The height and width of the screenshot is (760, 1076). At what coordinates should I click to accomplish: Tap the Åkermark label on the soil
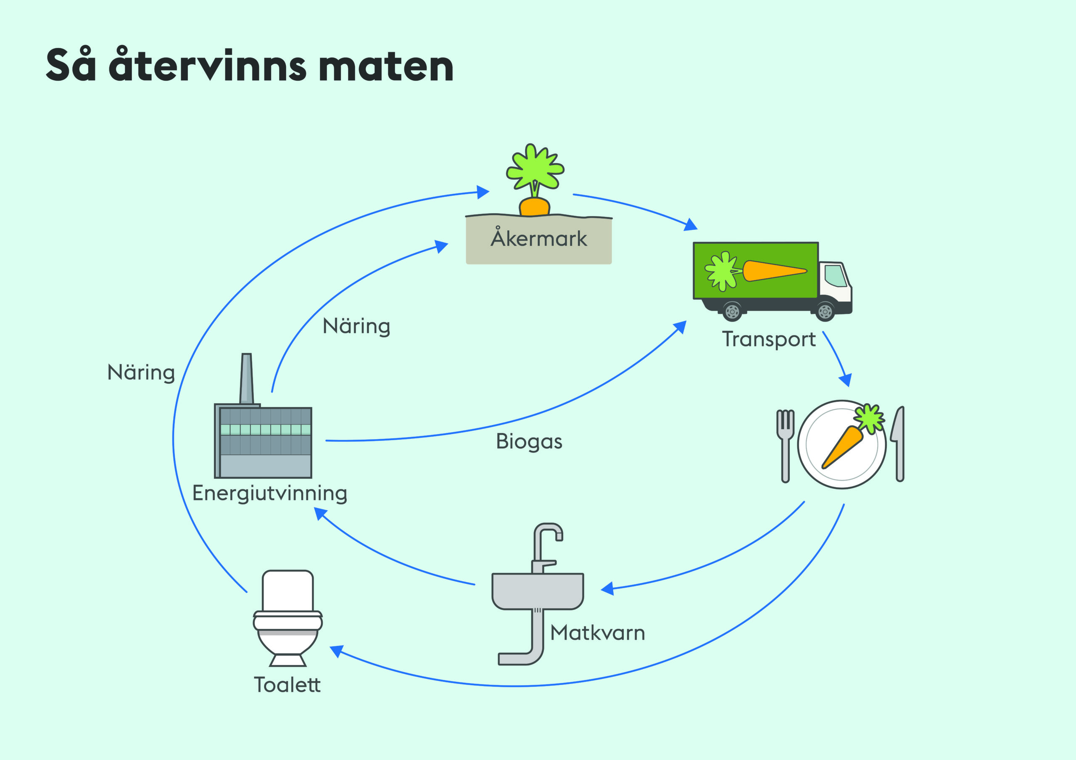(x=538, y=238)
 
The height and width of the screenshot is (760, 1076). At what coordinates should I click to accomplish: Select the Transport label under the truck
(x=769, y=339)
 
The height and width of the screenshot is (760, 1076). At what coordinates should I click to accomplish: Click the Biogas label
(x=529, y=441)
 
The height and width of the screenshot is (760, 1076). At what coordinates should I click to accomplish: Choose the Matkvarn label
(x=598, y=633)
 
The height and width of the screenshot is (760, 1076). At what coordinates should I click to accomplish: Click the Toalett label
(x=287, y=685)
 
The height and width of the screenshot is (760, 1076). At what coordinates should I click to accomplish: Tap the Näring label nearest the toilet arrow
(x=141, y=373)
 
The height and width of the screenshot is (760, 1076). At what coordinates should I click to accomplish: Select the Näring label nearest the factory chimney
(x=356, y=327)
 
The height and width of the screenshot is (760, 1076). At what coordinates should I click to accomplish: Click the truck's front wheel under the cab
(x=825, y=311)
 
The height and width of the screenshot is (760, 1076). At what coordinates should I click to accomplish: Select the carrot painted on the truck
(x=773, y=271)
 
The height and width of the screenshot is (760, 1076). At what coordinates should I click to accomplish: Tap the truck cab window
(x=836, y=275)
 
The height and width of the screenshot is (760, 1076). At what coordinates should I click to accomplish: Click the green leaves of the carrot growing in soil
(x=535, y=167)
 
